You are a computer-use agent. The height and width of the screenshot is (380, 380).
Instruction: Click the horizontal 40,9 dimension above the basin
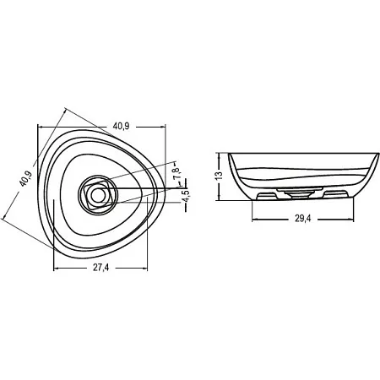121,127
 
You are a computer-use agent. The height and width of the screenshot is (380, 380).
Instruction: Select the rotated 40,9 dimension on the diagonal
26,179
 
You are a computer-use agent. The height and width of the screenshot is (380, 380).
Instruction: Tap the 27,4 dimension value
100,268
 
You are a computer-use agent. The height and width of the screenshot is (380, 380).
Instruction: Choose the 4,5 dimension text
186,196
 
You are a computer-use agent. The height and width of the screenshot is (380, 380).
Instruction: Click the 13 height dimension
219,175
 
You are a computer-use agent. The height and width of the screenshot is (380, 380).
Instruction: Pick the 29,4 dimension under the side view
303,219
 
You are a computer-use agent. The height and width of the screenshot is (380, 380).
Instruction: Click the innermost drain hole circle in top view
97,194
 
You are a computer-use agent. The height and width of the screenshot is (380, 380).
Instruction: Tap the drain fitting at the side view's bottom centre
299,194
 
